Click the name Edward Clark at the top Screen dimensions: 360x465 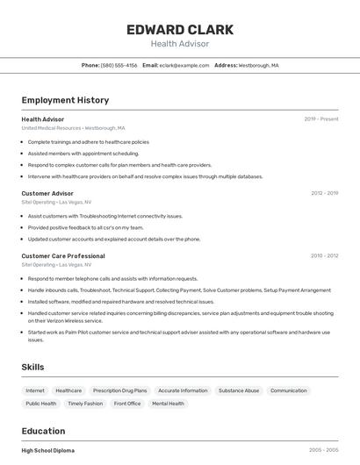[180, 30]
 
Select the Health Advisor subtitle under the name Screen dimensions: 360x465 [180, 43]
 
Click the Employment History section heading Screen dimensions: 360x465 [65, 100]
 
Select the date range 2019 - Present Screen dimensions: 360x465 [321, 118]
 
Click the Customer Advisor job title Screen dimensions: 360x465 [47, 193]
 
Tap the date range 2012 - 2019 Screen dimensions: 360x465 [324, 193]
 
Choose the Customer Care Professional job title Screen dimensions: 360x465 [63, 256]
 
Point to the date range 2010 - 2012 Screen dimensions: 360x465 [324, 256]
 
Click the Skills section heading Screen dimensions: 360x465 [32, 367]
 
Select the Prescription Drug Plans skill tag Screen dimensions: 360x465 [119, 390]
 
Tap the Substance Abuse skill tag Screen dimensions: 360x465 [239, 390]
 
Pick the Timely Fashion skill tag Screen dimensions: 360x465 [85, 404]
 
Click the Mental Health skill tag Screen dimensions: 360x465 [168, 404]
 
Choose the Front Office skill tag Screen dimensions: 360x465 [127, 404]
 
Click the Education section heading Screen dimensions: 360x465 [43, 431]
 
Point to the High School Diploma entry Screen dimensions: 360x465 [48, 450]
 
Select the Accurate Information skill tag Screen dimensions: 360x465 [183, 390]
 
